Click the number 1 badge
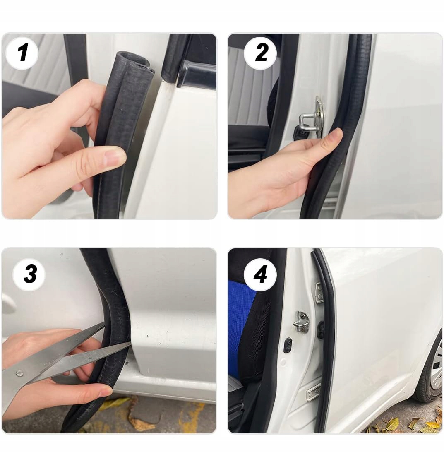(x=22, y=53)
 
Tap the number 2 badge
(x=260, y=53)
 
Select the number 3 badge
(x=29, y=274)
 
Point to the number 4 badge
(x=260, y=274)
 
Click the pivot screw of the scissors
(x=19, y=374)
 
